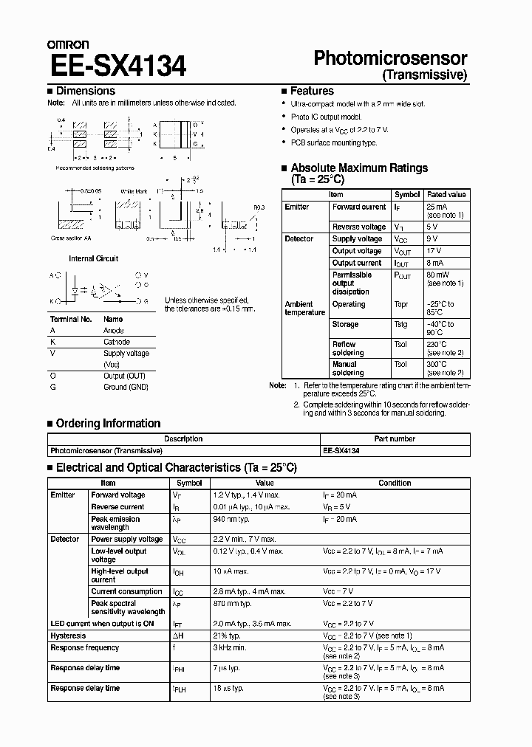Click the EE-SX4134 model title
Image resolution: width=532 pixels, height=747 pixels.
[118, 66]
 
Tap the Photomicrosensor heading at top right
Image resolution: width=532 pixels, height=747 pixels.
[391, 58]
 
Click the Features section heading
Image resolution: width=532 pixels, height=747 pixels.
[312, 91]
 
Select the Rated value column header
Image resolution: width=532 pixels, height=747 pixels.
[447, 195]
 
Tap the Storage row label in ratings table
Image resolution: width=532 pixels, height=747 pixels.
[345, 324]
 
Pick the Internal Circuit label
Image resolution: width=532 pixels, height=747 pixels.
[93, 259]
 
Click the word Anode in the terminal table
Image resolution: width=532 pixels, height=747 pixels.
[114, 331]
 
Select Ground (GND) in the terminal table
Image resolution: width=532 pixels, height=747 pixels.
[126, 387]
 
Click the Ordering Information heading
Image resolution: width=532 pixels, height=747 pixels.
[108, 424]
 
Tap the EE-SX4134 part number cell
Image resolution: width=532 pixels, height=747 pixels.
[341, 450]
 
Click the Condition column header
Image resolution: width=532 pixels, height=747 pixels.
[395, 483]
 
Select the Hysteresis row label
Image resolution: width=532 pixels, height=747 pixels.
[68, 636]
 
